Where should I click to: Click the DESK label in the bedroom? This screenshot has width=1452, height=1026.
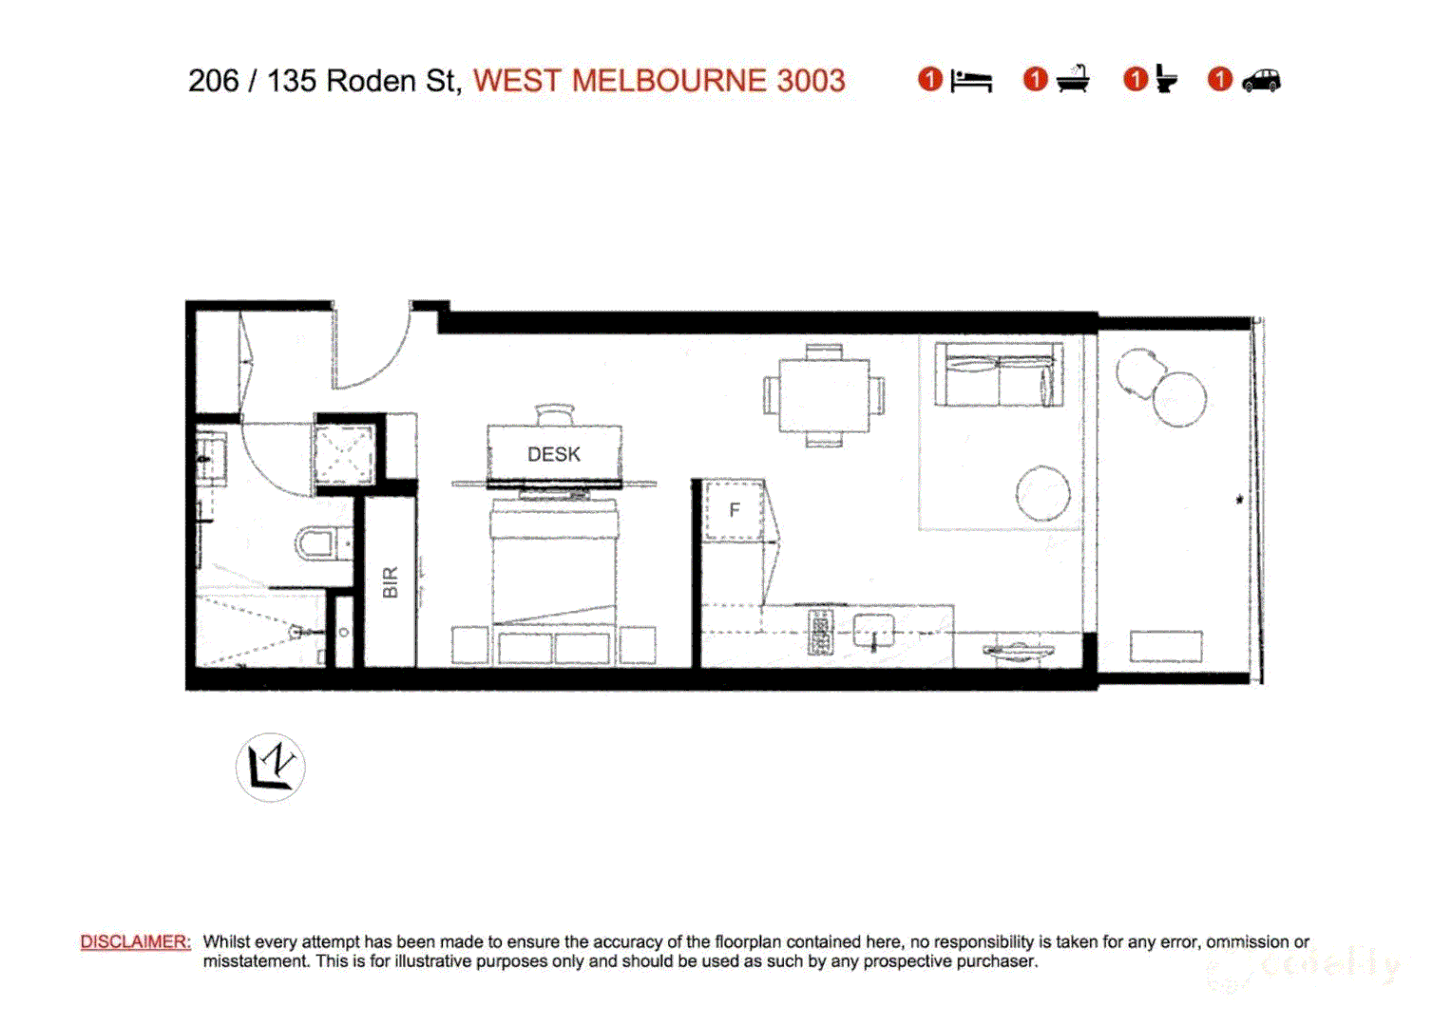tap(554, 454)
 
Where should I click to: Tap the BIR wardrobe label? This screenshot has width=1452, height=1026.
tap(390, 582)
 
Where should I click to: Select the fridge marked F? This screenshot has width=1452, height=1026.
tap(734, 510)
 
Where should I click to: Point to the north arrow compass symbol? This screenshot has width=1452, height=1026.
tap(271, 767)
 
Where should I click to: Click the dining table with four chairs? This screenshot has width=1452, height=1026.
tap(824, 395)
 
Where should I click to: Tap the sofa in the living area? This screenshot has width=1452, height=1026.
tap(998, 376)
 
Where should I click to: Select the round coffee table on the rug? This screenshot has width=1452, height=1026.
tap(1042, 493)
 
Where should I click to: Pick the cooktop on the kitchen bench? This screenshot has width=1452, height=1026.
tap(820, 632)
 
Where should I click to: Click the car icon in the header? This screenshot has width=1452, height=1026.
tap(1261, 80)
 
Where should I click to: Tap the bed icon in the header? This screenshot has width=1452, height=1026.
tap(971, 81)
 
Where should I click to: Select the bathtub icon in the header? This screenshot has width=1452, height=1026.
tap(1073, 80)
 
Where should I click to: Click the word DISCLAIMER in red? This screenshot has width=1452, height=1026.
tap(136, 941)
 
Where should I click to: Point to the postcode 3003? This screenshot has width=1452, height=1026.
tap(811, 81)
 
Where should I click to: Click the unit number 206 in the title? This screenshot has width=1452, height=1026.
tap(213, 81)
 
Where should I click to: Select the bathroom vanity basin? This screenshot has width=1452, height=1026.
tap(211, 458)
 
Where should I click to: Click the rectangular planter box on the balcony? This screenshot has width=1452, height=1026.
tap(1165, 647)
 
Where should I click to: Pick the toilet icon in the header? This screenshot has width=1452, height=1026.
tap(1166, 80)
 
